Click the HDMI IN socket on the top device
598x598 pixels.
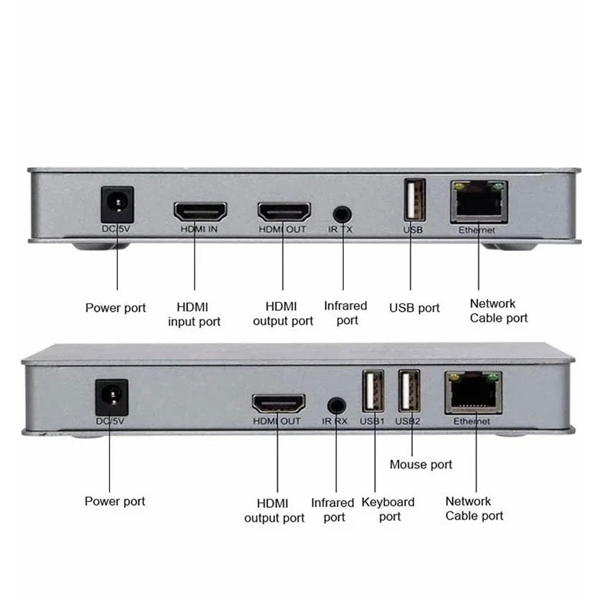coord(200,212)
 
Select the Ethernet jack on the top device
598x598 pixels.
coord(478,202)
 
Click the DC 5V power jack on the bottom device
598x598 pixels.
coord(112,395)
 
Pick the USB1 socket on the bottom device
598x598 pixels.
coord(374,391)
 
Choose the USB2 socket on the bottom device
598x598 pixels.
coord(409,391)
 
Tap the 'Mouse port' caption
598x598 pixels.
coord(421,465)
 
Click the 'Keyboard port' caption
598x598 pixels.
coord(388,509)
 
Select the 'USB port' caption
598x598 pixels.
coord(414,308)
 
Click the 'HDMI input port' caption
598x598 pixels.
coord(194,315)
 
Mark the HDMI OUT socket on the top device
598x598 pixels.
coord(284,212)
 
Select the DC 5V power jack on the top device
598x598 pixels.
coord(117,203)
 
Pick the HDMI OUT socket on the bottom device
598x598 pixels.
coord(278,404)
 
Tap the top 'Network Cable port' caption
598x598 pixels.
coord(499,311)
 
